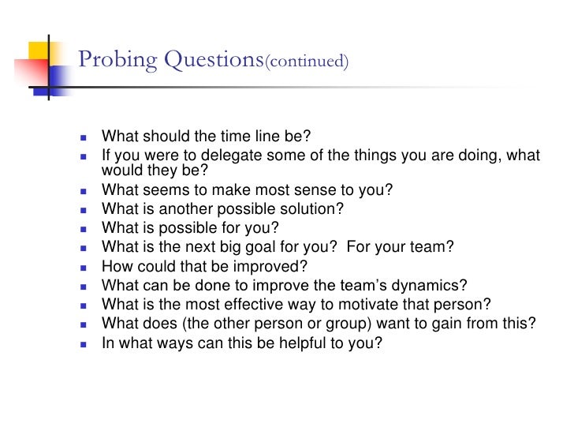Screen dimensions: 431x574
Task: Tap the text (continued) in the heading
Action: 307,62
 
